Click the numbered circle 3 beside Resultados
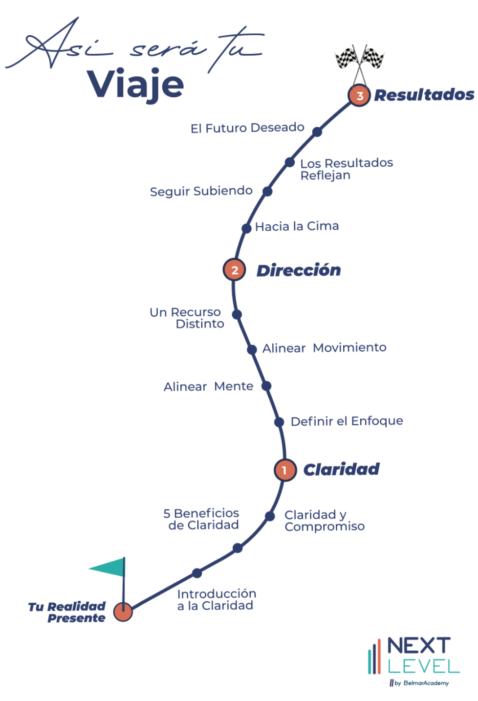[359, 95]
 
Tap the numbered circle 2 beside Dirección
[235, 270]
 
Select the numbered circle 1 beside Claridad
[284, 470]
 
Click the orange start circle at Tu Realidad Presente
[123, 611]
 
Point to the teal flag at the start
[109, 568]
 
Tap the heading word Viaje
[135, 85]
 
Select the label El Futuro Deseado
[247, 128]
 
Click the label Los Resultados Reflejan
[346, 169]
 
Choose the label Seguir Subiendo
[201, 191]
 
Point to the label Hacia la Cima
[297, 226]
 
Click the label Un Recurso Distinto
[187, 318]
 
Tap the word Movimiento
[349, 348]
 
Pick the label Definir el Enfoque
[347, 421]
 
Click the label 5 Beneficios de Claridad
[201, 519]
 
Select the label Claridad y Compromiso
[325, 521]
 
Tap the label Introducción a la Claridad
[216, 600]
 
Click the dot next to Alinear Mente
[266, 386]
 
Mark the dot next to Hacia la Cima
[247, 228]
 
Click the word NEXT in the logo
[419, 646]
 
